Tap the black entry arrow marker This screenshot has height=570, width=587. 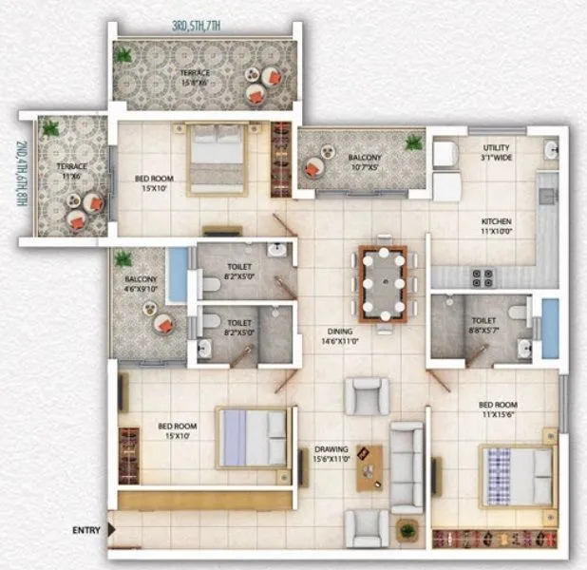[112, 528]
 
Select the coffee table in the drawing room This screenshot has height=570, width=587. [371, 466]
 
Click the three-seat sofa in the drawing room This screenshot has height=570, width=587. [407, 467]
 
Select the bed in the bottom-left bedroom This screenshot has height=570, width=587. [253, 437]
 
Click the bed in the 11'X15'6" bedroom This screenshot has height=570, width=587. [517, 475]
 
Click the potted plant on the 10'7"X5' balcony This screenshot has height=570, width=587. [413, 142]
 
